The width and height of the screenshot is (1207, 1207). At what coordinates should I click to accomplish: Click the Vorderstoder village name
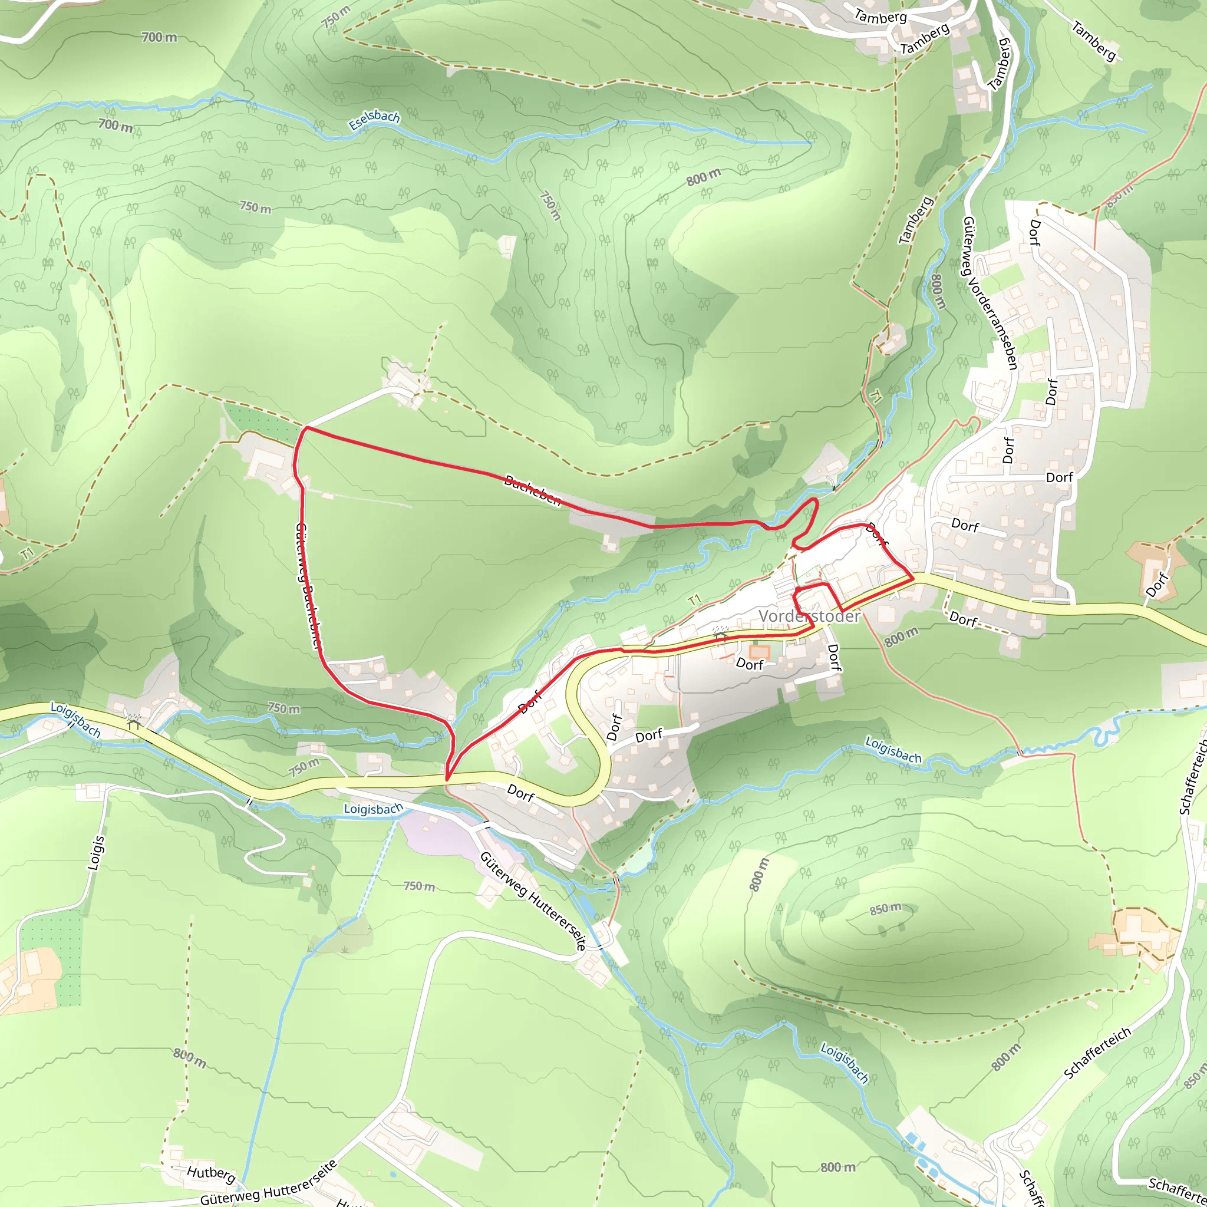click(809, 616)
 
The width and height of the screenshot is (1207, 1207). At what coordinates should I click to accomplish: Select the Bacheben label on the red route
click(532, 490)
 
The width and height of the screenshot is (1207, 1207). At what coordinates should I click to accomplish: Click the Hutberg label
click(210, 1173)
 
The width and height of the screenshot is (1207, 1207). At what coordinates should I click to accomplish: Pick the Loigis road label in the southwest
click(95, 852)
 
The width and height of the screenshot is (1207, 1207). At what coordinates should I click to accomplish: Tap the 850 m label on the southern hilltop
click(886, 908)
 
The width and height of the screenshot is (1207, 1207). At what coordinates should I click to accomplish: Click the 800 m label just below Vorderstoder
click(902, 637)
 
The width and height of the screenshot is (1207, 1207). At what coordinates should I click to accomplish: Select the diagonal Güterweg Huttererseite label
click(533, 901)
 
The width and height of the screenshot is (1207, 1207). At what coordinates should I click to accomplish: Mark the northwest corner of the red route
click(305, 428)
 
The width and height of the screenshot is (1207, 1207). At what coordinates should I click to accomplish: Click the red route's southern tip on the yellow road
click(447, 779)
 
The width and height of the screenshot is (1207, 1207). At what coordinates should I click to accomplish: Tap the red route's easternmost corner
click(913, 579)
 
